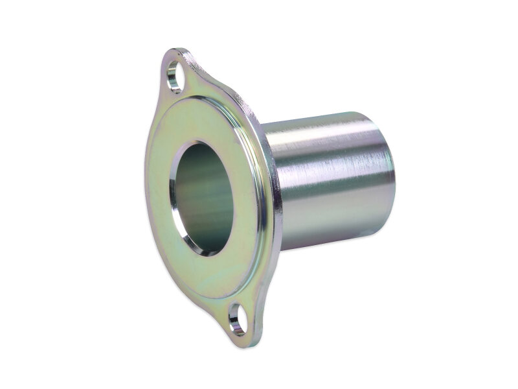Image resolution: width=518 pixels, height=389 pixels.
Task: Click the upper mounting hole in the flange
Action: (174, 76)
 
